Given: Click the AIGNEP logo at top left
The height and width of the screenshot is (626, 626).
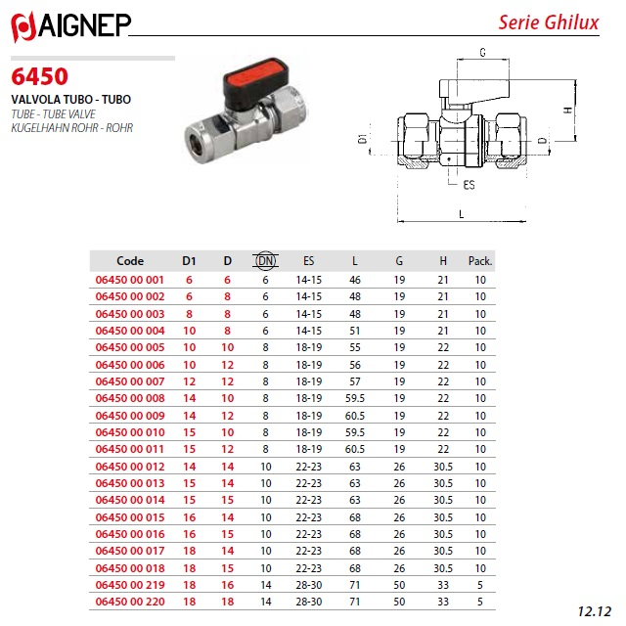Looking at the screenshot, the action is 70,26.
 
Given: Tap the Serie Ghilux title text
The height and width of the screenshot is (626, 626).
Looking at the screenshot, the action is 549,22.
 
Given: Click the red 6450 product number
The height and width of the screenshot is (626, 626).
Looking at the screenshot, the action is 39,76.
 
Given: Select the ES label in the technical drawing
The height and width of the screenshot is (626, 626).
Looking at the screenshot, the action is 469,185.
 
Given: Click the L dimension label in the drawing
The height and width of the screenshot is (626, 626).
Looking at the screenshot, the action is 461,214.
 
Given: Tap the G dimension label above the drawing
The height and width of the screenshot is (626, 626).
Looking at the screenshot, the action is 482,52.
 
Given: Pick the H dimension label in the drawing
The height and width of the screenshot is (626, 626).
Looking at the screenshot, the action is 568,110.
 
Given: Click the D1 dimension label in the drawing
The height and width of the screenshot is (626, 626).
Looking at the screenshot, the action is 363,139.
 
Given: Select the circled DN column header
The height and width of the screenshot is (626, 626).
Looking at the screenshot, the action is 265,261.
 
